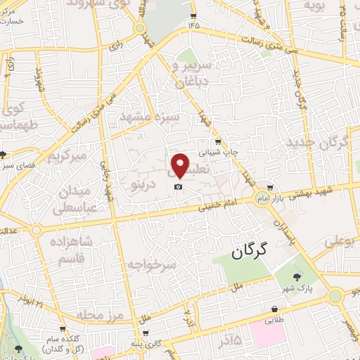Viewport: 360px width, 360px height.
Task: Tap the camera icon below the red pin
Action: coord(179,186)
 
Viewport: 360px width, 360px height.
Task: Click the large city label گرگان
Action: coord(252,250)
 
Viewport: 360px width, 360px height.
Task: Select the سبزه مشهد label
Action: coord(150,116)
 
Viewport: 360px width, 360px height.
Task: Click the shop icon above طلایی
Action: coord(274,308)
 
